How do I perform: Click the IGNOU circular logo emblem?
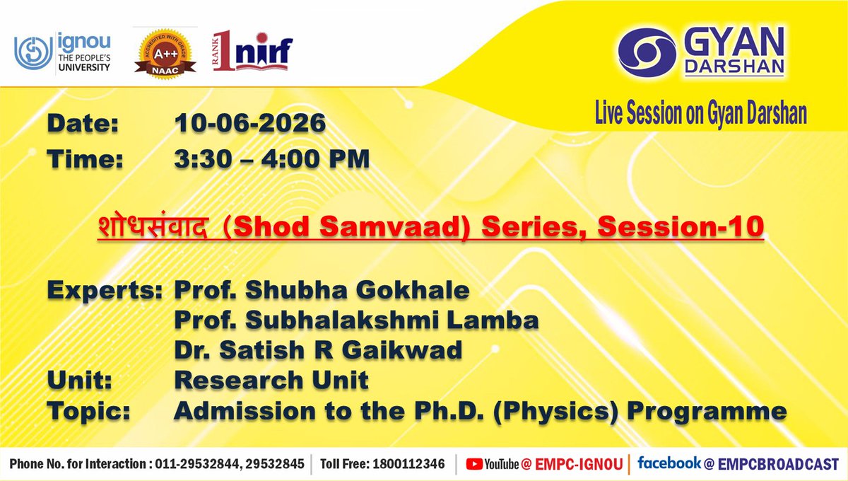(33, 53)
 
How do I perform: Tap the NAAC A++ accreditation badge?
(165, 54)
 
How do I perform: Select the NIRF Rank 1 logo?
(252, 51)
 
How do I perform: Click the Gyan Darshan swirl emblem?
(647, 53)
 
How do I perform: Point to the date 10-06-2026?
(250, 123)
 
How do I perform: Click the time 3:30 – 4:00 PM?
(272, 158)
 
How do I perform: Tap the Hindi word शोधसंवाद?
(153, 226)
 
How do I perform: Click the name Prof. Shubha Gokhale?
(322, 290)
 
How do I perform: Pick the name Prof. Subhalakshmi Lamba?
(356, 320)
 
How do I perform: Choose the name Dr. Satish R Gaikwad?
(318, 350)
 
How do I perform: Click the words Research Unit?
(271, 380)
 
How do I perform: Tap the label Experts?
(105, 291)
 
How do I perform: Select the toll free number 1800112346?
(409, 464)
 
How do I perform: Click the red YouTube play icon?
(474, 464)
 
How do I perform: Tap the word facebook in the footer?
(669, 463)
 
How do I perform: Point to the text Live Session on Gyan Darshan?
(701, 112)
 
